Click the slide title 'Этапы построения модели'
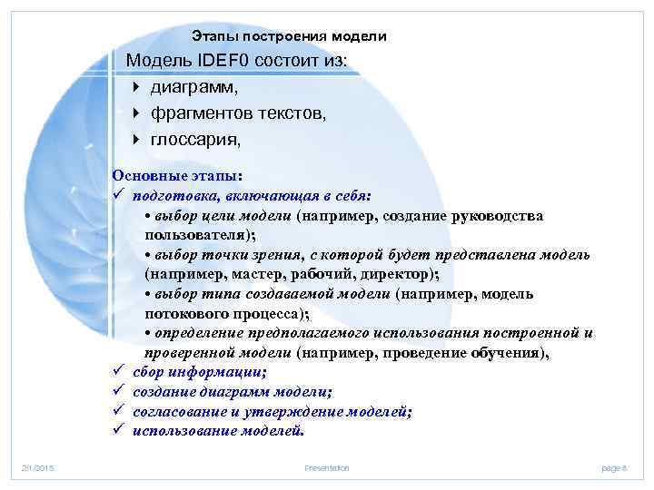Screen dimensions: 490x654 point(289,36)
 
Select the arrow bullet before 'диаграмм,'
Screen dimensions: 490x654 point(135,87)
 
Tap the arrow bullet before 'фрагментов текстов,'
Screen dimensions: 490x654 point(135,113)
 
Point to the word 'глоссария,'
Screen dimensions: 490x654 point(196,140)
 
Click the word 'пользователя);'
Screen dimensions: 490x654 point(187,233)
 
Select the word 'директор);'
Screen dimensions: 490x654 point(401,273)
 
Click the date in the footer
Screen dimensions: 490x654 point(39,467)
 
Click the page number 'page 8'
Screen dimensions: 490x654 point(614,467)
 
